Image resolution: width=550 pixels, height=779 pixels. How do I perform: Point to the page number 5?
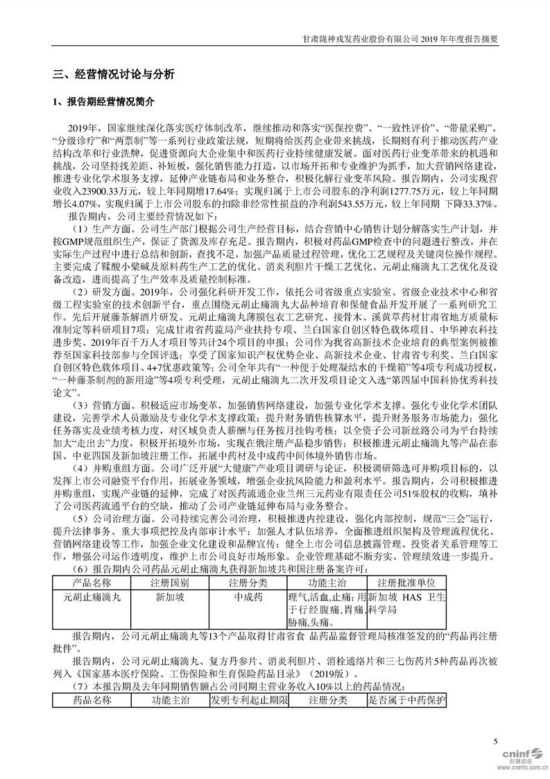point(495,742)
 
